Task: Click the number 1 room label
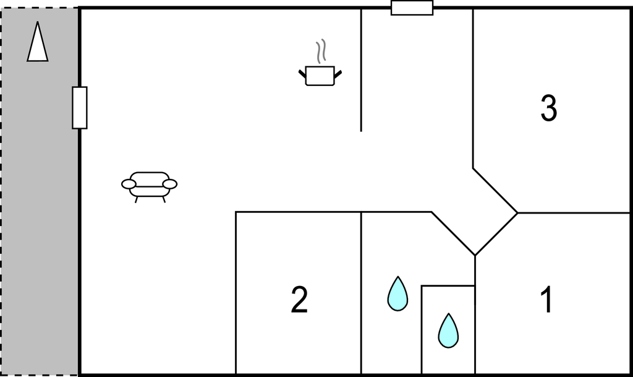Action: pyautogui.click(x=547, y=300)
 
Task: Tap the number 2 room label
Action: pyautogui.click(x=299, y=300)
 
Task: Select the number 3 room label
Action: pyautogui.click(x=549, y=108)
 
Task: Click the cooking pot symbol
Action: pyautogui.click(x=320, y=75)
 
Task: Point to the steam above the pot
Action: pyautogui.click(x=321, y=51)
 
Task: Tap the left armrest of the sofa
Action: pyautogui.click(x=129, y=184)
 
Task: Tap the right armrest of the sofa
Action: pyautogui.click(x=170, y=184)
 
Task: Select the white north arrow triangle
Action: pyautogui.click(x=38, y=43)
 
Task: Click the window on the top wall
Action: pyautogui.click(x=412, y=7)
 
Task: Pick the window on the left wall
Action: pyautogui.click(x=80, y=108)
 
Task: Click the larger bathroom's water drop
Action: pyautogui.click(x=397, y=295)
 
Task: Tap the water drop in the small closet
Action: pyautogui.click(x=448, y=331)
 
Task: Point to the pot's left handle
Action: pyautogui.click(x=302, y=74)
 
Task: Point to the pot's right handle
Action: pyautogui.click(x=338, y=74)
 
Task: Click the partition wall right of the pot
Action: pyautogui.click(x=361, y=70)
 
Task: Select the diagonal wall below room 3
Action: pyautogui.click(x=495, y=190)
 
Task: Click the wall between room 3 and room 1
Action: pyautogui.click(x=575, y=212)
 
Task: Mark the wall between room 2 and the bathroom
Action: pyautogui.click(x=361, y=293)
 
